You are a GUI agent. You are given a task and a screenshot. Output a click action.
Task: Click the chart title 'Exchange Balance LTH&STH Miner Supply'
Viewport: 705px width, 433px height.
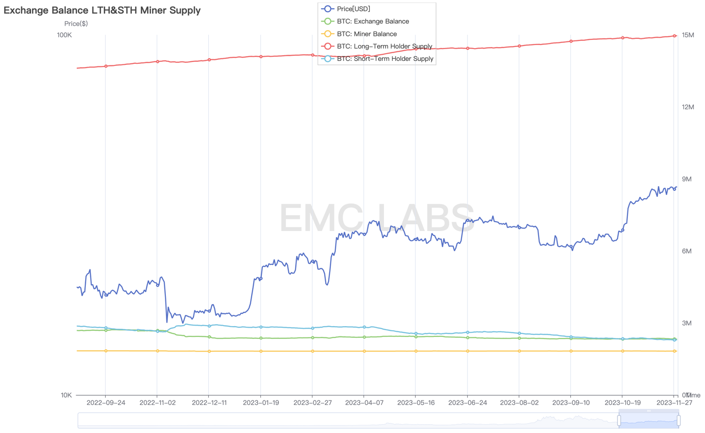[102, 10]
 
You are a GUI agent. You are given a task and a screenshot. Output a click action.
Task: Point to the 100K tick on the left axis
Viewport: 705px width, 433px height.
[64, 35]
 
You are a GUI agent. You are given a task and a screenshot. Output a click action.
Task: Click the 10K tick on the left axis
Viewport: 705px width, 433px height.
[66, 395]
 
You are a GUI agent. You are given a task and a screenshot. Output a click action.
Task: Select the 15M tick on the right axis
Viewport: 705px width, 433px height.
[688, 35]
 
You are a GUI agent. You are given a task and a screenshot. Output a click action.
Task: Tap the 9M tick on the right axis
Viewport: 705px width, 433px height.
[687, 179]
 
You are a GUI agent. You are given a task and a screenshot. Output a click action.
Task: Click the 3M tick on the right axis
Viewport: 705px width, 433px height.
[687, 324]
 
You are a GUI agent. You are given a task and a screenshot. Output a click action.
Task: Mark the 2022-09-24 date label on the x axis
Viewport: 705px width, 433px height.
[106, 403]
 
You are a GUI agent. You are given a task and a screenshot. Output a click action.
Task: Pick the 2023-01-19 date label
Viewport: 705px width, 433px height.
[260, 403]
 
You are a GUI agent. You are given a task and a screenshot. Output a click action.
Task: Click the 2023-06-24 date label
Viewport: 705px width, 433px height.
[467, 403]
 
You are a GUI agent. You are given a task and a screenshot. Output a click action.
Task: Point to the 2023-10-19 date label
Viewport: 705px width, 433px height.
[622, 403]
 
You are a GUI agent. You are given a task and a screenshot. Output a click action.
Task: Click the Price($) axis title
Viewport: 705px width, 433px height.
[76, 24]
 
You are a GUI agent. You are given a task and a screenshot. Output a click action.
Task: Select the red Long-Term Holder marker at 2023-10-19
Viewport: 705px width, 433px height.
[622, 38]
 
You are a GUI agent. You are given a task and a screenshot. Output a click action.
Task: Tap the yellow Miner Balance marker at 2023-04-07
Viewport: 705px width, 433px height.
[364, 351]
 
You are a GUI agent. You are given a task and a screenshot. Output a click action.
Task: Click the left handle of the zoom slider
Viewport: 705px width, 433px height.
[619, 420]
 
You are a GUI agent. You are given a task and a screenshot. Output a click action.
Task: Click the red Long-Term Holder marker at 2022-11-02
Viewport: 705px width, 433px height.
[157, 61]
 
